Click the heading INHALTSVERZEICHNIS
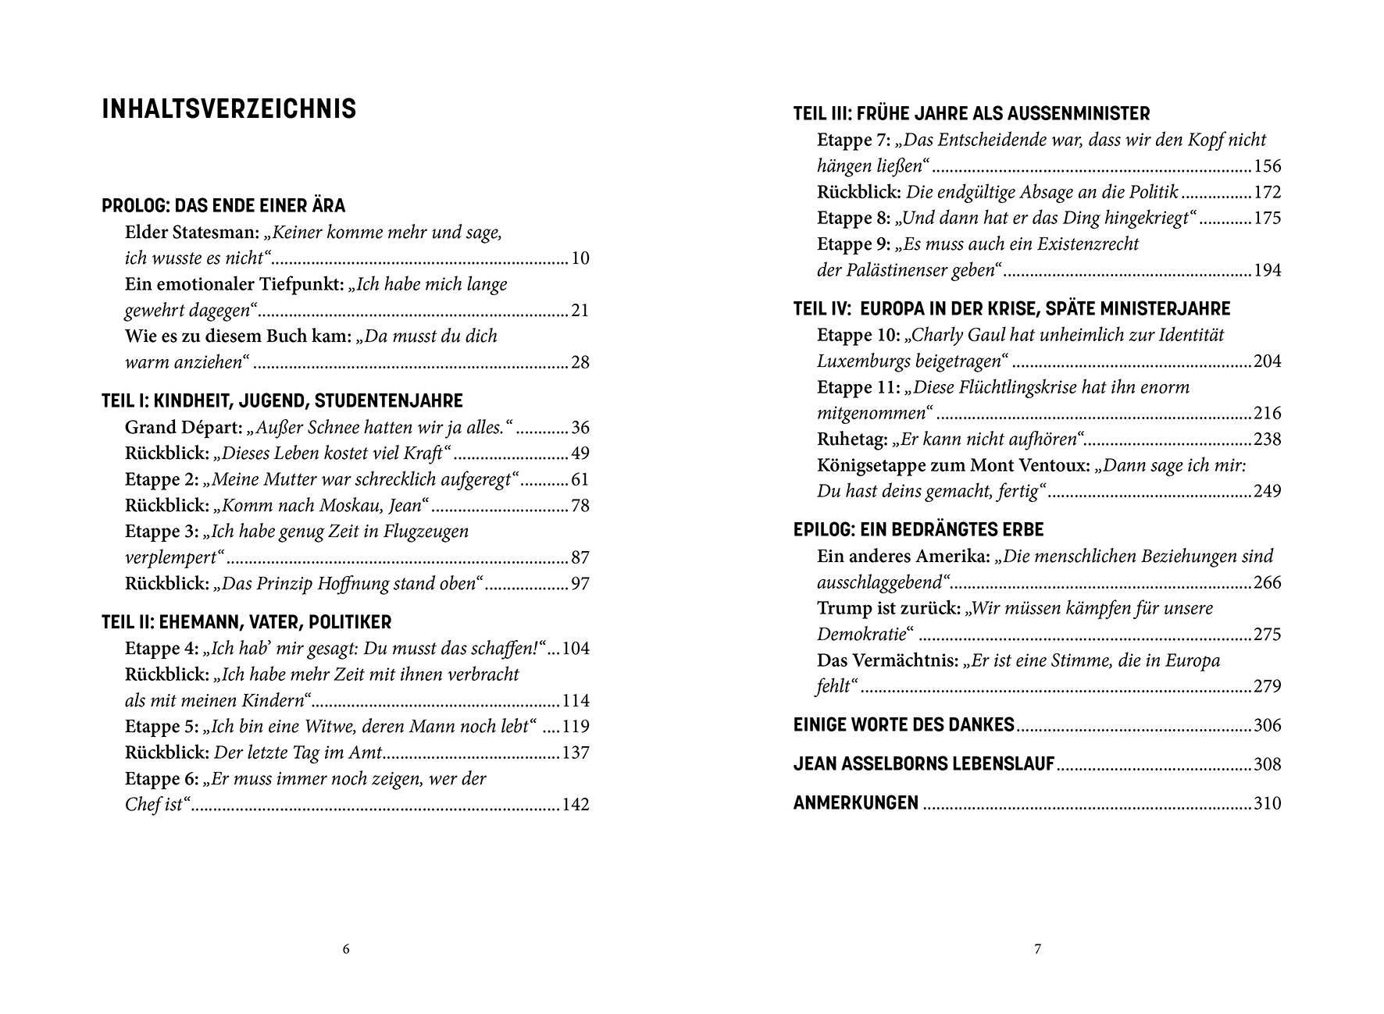(229, 109)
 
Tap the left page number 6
(346, 949)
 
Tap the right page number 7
(1037, 949)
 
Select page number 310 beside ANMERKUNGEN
(1267, 803)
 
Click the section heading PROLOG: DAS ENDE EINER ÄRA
(223, 206)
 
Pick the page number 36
(580, 428)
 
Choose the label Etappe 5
(161, 727)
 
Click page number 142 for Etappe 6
(575, 805)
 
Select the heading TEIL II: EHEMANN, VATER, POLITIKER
(246, 622)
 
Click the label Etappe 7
(853, 141)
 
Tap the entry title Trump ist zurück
(888, 609)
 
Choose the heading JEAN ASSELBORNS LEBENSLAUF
(924, 764)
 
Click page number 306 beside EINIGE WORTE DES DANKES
(1267, 725)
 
